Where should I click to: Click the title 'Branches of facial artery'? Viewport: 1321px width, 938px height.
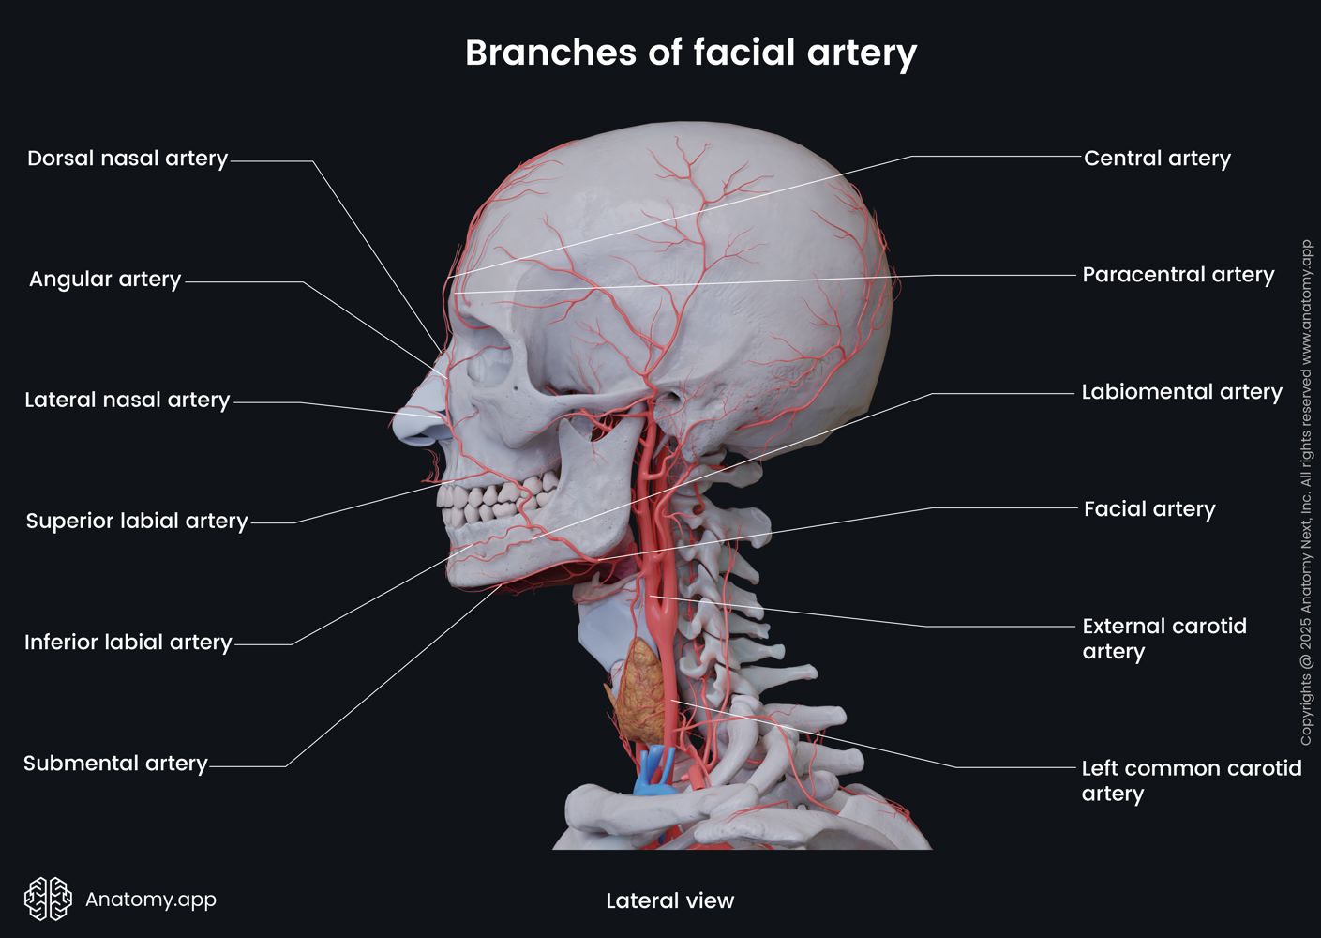click(690, 53)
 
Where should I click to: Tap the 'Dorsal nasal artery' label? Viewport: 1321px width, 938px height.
click(128, 159)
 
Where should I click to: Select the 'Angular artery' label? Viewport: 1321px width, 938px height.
click(105, 280)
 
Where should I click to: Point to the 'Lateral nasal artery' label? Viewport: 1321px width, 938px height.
click(128, 401)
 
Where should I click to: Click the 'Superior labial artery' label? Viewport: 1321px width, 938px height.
click(137, 522)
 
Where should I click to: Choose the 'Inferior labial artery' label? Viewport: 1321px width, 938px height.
click(128, 643)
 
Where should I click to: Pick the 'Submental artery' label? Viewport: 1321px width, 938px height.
click(115, 764)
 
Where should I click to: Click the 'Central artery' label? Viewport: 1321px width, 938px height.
click(1157, 159)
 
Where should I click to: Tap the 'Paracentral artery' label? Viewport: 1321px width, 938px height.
click(1178, 275)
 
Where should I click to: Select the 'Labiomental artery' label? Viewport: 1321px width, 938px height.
click(1181, 392)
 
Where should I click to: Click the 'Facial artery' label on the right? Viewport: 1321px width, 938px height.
click(1149, 509)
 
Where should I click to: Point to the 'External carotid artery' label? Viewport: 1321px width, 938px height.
click(1163, 639)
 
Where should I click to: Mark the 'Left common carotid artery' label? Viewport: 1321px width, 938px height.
click(1191, 780)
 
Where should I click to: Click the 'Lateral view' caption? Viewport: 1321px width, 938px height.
click(669, 901)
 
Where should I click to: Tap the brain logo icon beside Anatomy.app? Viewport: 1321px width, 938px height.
click(48, 900)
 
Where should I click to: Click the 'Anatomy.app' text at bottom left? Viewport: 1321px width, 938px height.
click(151, 900)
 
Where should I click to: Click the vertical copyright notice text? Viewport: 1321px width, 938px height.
click(1306, 493)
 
